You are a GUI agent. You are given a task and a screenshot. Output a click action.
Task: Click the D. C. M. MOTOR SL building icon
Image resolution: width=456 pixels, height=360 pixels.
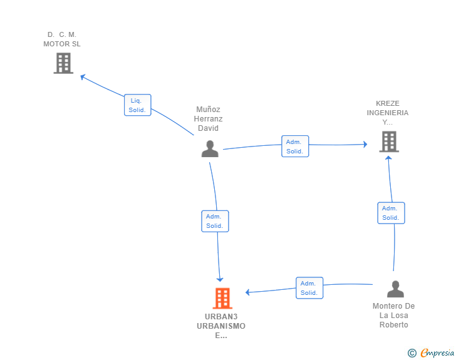coord(63,63)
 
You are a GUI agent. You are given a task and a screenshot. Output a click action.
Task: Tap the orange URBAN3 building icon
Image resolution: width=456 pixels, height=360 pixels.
coord(222,298)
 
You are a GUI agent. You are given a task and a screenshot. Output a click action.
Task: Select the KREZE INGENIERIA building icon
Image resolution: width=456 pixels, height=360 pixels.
coord(389,141)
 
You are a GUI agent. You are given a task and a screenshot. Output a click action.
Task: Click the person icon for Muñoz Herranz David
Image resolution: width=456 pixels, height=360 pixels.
coord(210,148)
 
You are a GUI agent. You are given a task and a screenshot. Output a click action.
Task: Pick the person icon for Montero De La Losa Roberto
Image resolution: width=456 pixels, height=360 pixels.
coord(395,289)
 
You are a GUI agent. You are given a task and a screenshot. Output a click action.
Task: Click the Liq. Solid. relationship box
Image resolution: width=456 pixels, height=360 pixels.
coord(138,105)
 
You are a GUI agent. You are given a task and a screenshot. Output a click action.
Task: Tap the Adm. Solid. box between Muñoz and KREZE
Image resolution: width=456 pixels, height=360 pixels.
coord(295,147)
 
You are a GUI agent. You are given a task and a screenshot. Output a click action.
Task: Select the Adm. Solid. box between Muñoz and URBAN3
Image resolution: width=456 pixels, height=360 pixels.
coord(215,221)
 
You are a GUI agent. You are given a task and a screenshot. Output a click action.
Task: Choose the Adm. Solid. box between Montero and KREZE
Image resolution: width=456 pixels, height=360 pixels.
coord(391,213)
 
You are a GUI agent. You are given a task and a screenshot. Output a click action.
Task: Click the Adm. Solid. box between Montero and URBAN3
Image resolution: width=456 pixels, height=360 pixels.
coord(309,288)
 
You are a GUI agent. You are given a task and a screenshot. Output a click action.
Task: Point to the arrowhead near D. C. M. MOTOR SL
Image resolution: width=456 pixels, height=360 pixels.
coord(83,77)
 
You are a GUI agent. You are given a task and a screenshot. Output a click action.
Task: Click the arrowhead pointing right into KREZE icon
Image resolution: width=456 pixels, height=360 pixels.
coord(366,144)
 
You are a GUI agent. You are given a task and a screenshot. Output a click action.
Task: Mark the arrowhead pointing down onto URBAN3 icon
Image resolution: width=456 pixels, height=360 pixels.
coord(220,280)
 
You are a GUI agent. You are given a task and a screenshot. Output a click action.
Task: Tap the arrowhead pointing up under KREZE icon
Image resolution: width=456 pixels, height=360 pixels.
coord(388,158)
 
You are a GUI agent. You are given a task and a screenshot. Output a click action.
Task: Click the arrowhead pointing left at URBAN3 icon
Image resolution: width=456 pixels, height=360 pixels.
coord(247,292)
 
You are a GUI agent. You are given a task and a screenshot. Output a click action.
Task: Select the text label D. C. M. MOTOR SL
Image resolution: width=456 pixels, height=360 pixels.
coord(62,39)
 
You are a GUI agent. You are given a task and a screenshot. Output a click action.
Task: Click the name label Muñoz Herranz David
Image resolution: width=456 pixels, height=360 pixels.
coord(208,118)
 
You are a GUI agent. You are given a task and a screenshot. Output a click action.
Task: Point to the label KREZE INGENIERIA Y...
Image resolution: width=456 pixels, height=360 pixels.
coord(388,113)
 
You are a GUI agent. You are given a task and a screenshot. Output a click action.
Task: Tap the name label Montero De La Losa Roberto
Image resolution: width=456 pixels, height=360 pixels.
coord(394,315)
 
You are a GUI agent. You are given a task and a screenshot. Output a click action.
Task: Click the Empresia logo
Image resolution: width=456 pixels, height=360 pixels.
coord(431,352)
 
